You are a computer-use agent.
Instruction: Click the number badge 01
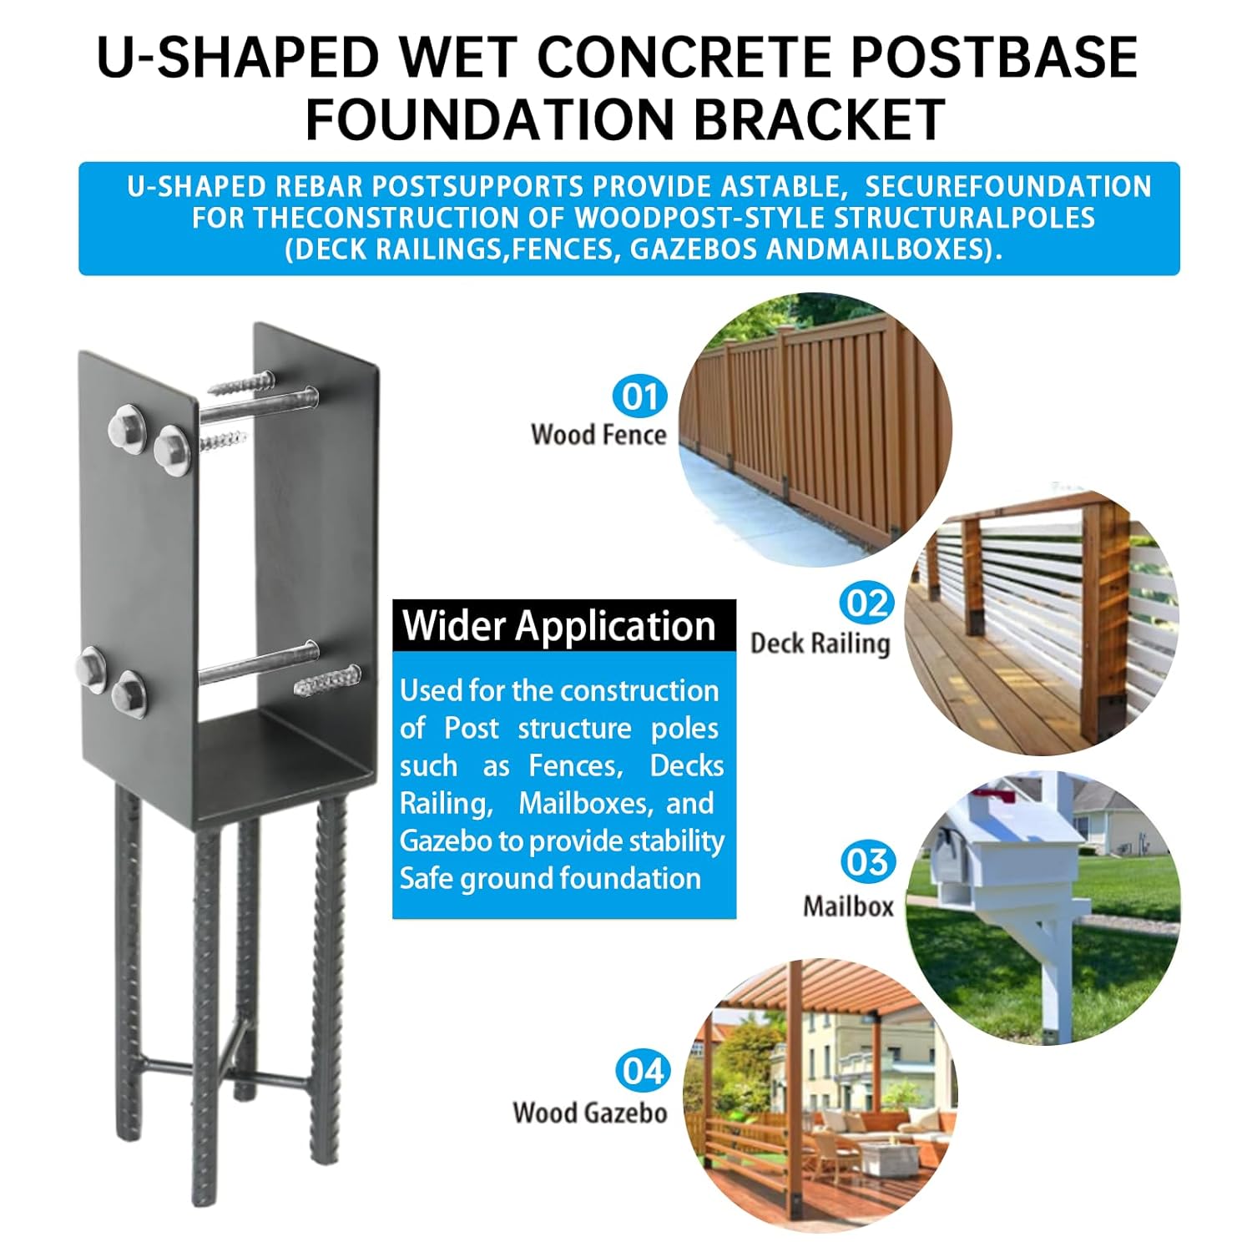[x=640, y=396]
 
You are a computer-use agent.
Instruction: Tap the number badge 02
[x=866, y=603]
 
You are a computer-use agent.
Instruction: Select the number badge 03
[x=867, y=862]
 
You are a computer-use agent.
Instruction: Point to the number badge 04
[x=643, y=1071]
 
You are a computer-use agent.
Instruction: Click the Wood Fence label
[x=598, y=435]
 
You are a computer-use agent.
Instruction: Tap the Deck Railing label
[x=820, y=644]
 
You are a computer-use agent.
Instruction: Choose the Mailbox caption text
[x=848, y=906]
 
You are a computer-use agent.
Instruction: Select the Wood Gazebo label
[x=590, y=1113]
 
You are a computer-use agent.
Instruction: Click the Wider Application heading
[x=559, y=626]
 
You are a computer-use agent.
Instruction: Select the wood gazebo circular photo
[x=818, y=1093]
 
